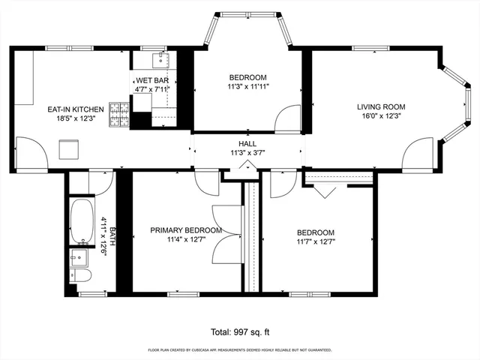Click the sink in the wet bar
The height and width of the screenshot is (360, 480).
[159, 60]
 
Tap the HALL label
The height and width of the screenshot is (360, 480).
[247, 143]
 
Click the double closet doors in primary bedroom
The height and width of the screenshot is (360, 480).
[226, 234]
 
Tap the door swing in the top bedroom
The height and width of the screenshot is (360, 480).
[288, 119]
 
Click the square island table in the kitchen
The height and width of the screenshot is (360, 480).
[70, 150]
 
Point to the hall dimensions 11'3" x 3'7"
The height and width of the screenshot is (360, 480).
[247, 153]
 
